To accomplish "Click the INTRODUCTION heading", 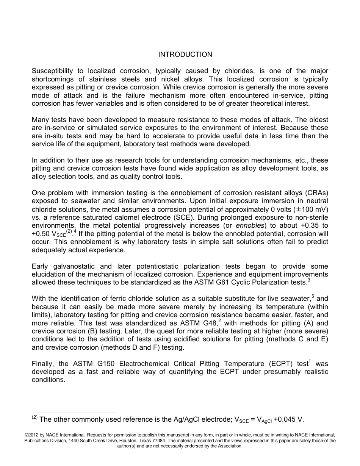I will [185, 55].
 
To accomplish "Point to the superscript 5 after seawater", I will [313, 296].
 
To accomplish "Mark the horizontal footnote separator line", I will [74, 412].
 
